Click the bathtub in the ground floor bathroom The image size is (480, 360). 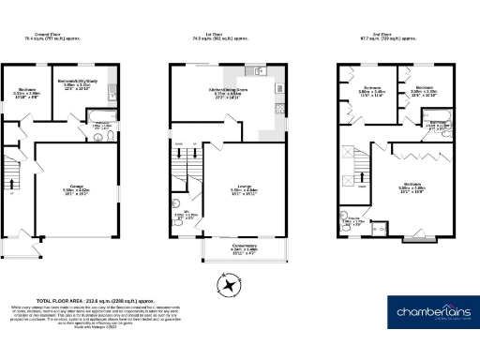[x=100, y=118]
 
